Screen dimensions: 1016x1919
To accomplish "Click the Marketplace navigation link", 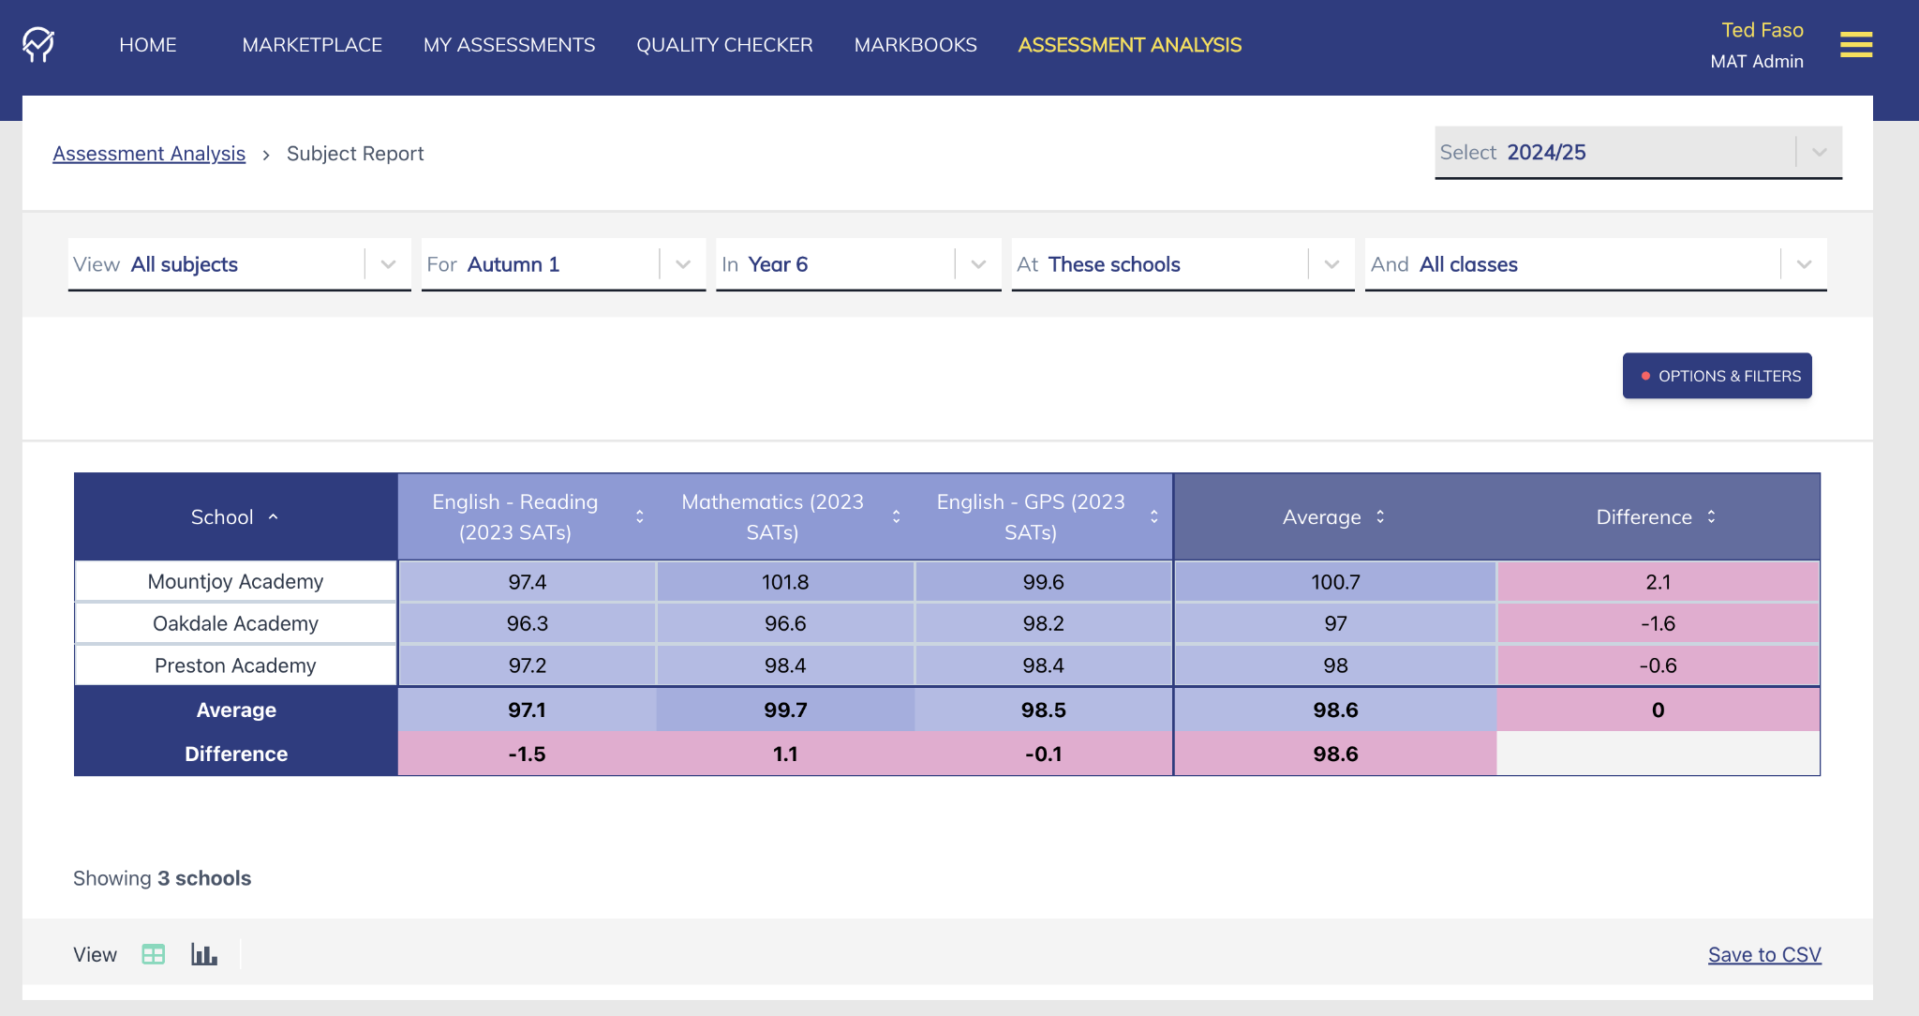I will [312, 45].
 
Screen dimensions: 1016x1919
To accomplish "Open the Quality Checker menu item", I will [724, 45].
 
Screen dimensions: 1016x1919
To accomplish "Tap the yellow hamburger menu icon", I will [1855, 45].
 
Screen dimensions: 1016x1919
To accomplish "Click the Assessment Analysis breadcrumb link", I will [149, 154].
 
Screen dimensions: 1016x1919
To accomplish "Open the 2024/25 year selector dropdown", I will [1637, 153].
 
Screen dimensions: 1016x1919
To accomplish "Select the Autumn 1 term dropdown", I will [562, 264].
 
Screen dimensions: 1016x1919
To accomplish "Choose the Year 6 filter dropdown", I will [857, 264].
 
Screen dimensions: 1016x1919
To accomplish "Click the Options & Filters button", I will [1717, 376].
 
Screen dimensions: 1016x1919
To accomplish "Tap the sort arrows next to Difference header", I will [1711, 517].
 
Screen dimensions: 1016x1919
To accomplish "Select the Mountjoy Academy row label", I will [235, 582].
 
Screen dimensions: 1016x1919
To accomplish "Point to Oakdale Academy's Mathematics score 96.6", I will [785, 624].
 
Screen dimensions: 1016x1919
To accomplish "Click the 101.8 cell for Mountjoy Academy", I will [785, 582].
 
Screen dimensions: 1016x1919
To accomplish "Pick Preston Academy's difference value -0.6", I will [1658, 666].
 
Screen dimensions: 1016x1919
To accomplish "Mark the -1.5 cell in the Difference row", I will [527, 755].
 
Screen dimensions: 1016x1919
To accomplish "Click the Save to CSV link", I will [1764, 955].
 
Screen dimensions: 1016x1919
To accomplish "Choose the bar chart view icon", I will [204, 955].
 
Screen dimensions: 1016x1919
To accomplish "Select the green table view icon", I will [154, 955].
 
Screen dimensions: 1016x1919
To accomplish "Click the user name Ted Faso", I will [1762, 30].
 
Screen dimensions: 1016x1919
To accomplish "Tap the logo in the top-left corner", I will [38, 45].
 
